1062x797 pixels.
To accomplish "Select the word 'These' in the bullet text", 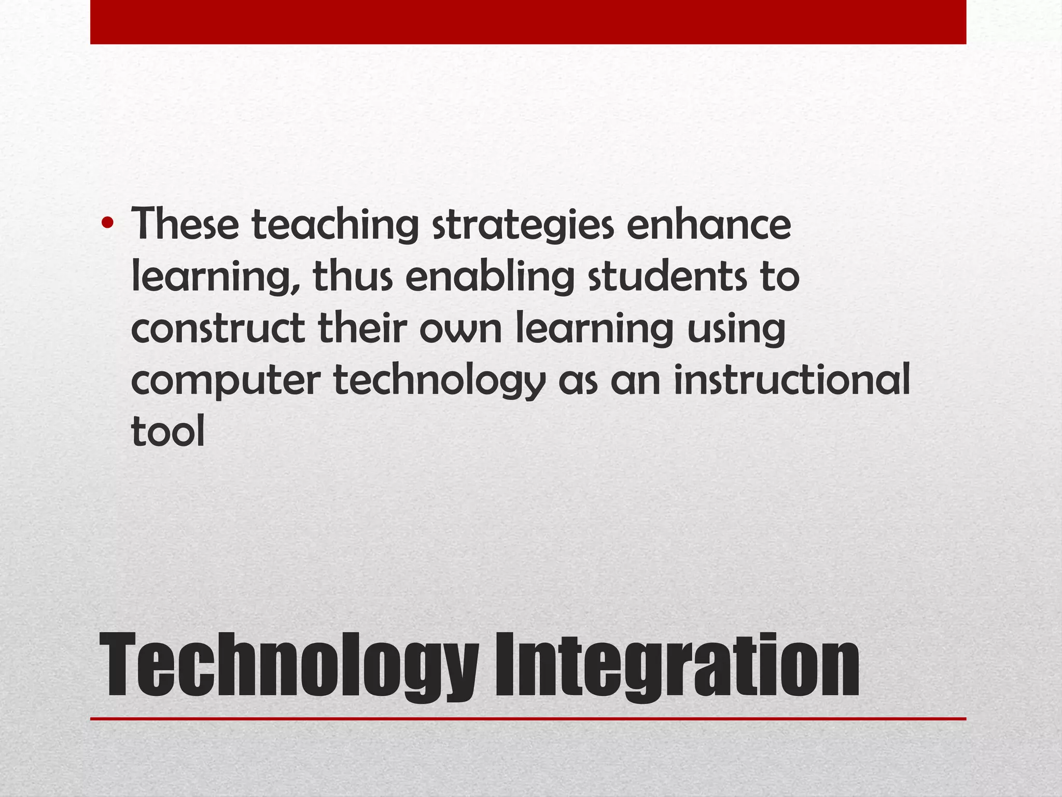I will tap(185, 224).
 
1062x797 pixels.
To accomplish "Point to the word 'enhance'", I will tap(708, 224).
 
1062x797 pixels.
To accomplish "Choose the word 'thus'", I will tap(353, 276).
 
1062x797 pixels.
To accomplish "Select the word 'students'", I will tap(668, 276).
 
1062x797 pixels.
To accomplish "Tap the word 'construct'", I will tap(218, 329).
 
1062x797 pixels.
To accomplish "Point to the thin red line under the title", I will tap(528, 719).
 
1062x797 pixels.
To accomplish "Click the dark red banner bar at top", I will tap(528, 22).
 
